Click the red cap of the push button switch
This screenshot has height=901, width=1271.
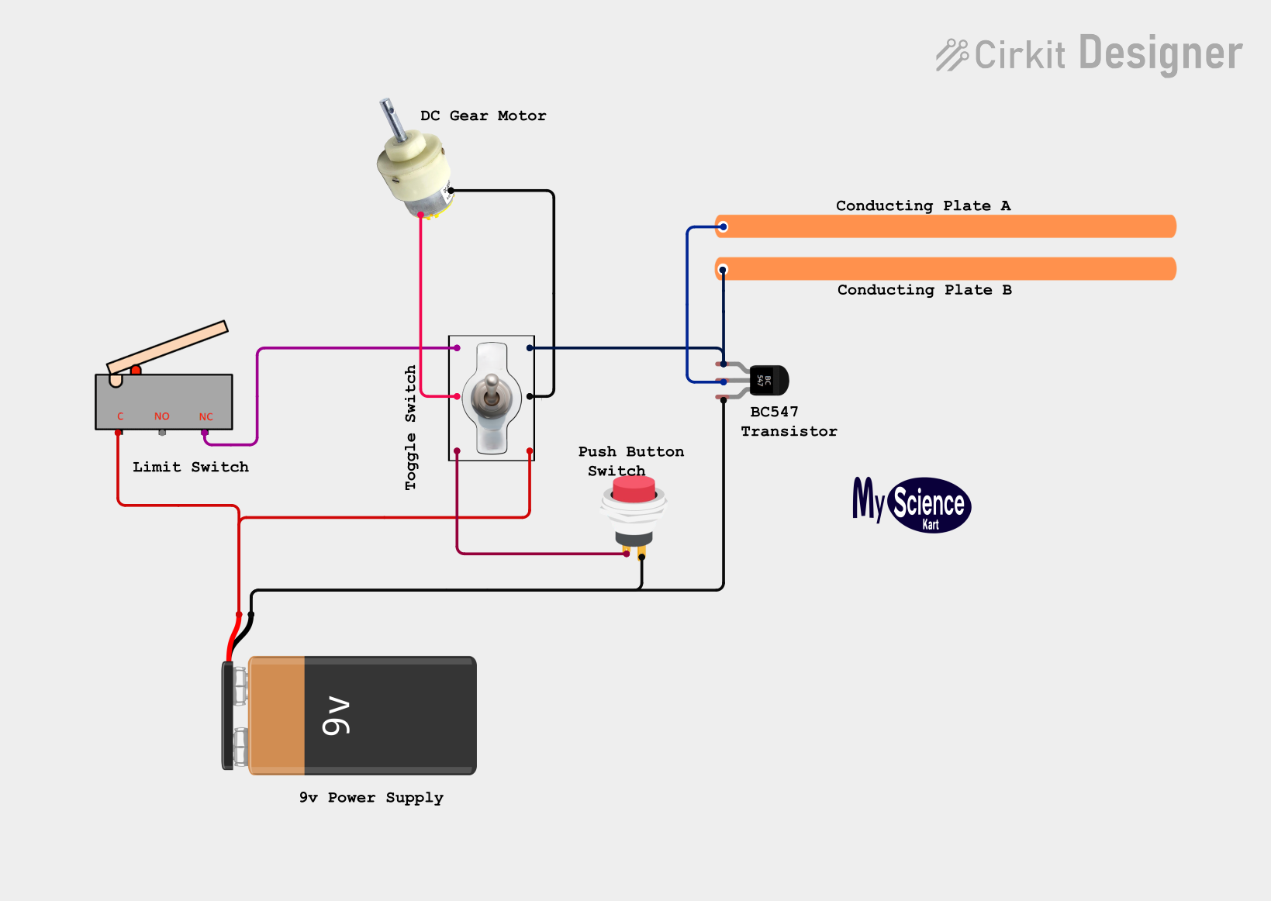click(634, 489)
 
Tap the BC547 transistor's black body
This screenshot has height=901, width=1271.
click(768, 380)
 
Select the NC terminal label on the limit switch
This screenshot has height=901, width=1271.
click(206, 417)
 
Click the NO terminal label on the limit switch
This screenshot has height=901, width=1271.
click(162, 416)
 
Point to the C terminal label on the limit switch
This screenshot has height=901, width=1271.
click(120, 416)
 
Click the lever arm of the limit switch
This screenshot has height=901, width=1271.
click(168, 347)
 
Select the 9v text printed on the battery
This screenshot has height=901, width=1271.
click(336, 716)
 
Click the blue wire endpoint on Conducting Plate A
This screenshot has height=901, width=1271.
click(724, 227)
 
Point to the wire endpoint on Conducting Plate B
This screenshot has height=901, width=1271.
click(723, 270)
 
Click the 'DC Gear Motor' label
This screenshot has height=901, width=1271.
click(483, 116)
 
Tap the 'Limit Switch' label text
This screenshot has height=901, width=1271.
click(191, 467)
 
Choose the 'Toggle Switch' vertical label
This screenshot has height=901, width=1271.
click(410, 427)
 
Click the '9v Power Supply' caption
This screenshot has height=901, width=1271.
click(371, 798)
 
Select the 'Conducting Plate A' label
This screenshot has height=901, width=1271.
click(923, 205)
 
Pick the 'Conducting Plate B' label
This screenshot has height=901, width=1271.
click(924, 290)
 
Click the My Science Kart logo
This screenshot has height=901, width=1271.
click(912, 505)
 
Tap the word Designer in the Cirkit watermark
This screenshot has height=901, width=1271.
click(1160, 54)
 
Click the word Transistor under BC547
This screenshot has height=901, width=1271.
click(789, 431)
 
